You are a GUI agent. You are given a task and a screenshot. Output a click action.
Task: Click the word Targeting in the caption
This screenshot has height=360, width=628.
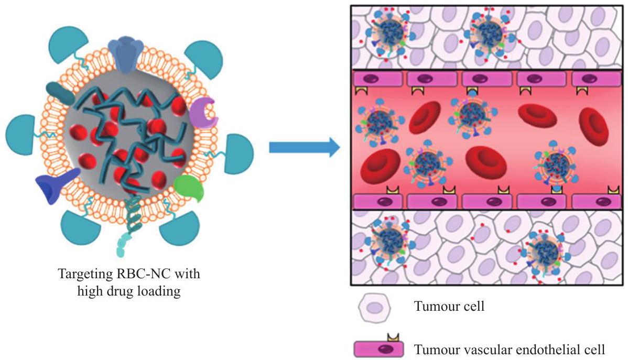click(x=82, y=275)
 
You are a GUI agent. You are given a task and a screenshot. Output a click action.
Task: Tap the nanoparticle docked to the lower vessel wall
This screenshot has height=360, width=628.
click(x=554, y=165)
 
